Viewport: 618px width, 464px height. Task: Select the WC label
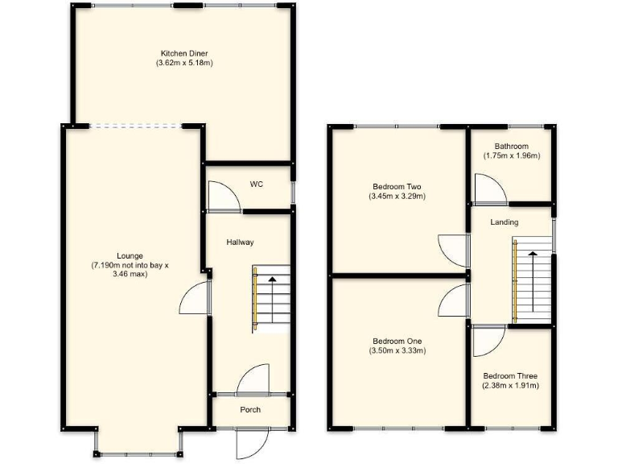[x=257, y=184]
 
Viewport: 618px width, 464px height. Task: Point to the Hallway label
[x=240, y=242]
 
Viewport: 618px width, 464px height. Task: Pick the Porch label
[x=250, y=410]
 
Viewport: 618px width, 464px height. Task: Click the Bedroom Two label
[x=397, y=184]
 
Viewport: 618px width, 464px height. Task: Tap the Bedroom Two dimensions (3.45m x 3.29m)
[x=397, y=196]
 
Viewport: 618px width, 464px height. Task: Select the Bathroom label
[x=512, y=147]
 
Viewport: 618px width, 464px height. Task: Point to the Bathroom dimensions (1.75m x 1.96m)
[x=512, y=156]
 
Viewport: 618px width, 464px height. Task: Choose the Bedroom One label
[x=397, y=341]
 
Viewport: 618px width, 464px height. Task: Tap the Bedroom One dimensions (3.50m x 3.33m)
[x=397, y=350]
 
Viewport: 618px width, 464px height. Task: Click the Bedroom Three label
[x=510, y=376]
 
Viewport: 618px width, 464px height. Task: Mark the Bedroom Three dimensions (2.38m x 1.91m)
[x=510, y=386]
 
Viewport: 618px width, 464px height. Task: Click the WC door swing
[x=220, y=196]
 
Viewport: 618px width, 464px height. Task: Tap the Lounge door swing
[x=194, y=299]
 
